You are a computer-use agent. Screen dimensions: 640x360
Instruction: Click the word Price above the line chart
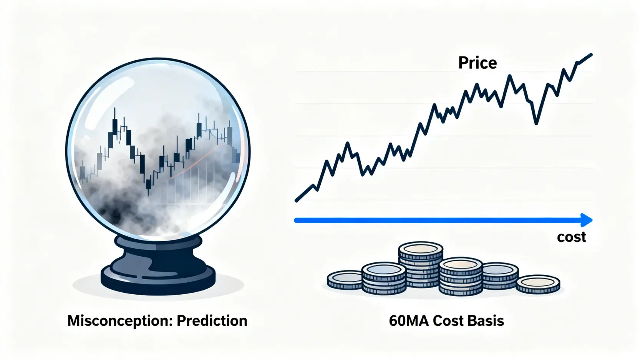[x=478, y=63]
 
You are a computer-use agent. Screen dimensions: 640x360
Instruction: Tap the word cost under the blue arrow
[x=572, y=237]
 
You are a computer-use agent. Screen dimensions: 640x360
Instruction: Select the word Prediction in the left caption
[x=212, y=320]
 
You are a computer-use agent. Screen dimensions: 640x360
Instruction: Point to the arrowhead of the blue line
[x=587, y=220]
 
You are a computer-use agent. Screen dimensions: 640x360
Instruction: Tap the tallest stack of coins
[x=421, y=264]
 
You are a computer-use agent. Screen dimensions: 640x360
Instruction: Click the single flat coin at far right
[x=538, y=284]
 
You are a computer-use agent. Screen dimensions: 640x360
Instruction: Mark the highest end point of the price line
[x=591, y=55]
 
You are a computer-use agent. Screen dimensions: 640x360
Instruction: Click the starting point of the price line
[x=297, y=201]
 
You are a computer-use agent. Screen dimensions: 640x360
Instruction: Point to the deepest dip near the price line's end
[x=536, y=123]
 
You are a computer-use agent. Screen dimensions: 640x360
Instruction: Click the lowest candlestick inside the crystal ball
[x=148, y=184]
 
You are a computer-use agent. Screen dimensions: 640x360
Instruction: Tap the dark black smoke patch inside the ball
[x=113, y=211]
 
